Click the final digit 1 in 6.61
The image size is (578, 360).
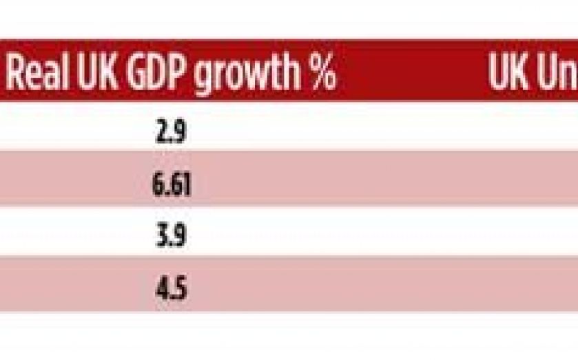coord(187,184)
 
